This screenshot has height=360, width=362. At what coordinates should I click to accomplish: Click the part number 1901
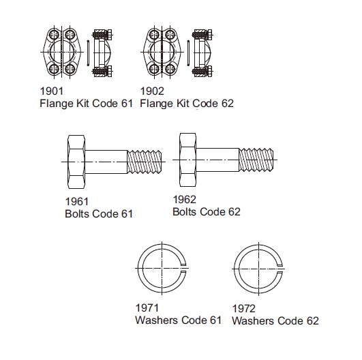[x=52, y=91]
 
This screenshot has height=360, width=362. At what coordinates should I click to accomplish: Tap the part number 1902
[x=152, y=91]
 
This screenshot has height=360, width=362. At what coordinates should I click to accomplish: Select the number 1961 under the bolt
[x=77, y=202]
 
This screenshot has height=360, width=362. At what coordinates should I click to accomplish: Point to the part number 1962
[x=185, y=200]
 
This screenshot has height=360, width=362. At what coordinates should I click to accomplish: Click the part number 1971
[x=147, y=307]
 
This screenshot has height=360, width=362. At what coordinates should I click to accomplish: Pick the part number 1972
[x=244, y=308]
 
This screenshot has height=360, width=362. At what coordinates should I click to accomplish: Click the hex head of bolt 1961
[x=76, y=162]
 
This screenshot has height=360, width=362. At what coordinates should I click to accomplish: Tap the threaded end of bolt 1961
[x=145, y=162]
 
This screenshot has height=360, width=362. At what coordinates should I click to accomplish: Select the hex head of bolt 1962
[x=188, y=160]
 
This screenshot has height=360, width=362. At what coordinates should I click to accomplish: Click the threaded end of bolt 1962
[x=256, y=160]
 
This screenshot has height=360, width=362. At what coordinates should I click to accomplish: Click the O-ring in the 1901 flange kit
[x=88, y=52]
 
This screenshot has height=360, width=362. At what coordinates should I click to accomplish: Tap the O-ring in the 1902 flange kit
[x=188, y=52]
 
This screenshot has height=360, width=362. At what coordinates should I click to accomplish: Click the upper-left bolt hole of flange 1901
[x=54, y=35]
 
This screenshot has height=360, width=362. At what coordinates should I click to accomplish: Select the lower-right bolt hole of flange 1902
[x=170, y=69]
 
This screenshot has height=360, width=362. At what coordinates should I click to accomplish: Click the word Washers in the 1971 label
[x=157, y=320]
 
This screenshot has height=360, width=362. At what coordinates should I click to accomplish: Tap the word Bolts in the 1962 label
[x=185, y=212]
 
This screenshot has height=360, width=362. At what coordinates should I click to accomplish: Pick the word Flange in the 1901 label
[x=57, y=104]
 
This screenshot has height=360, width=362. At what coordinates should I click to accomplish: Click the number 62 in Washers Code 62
[x=313, y=320]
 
